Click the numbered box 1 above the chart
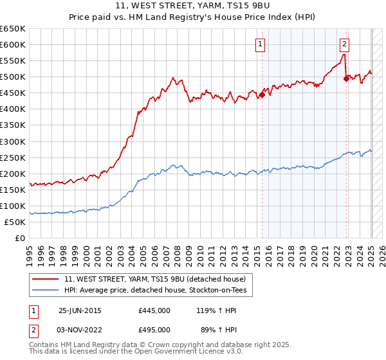(x=260, y=44)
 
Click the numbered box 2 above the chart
(x=345, y=44)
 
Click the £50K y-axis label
(x=15, y=222)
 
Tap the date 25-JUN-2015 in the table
(x=80, y=310)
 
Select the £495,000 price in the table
(x=154, y=330)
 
